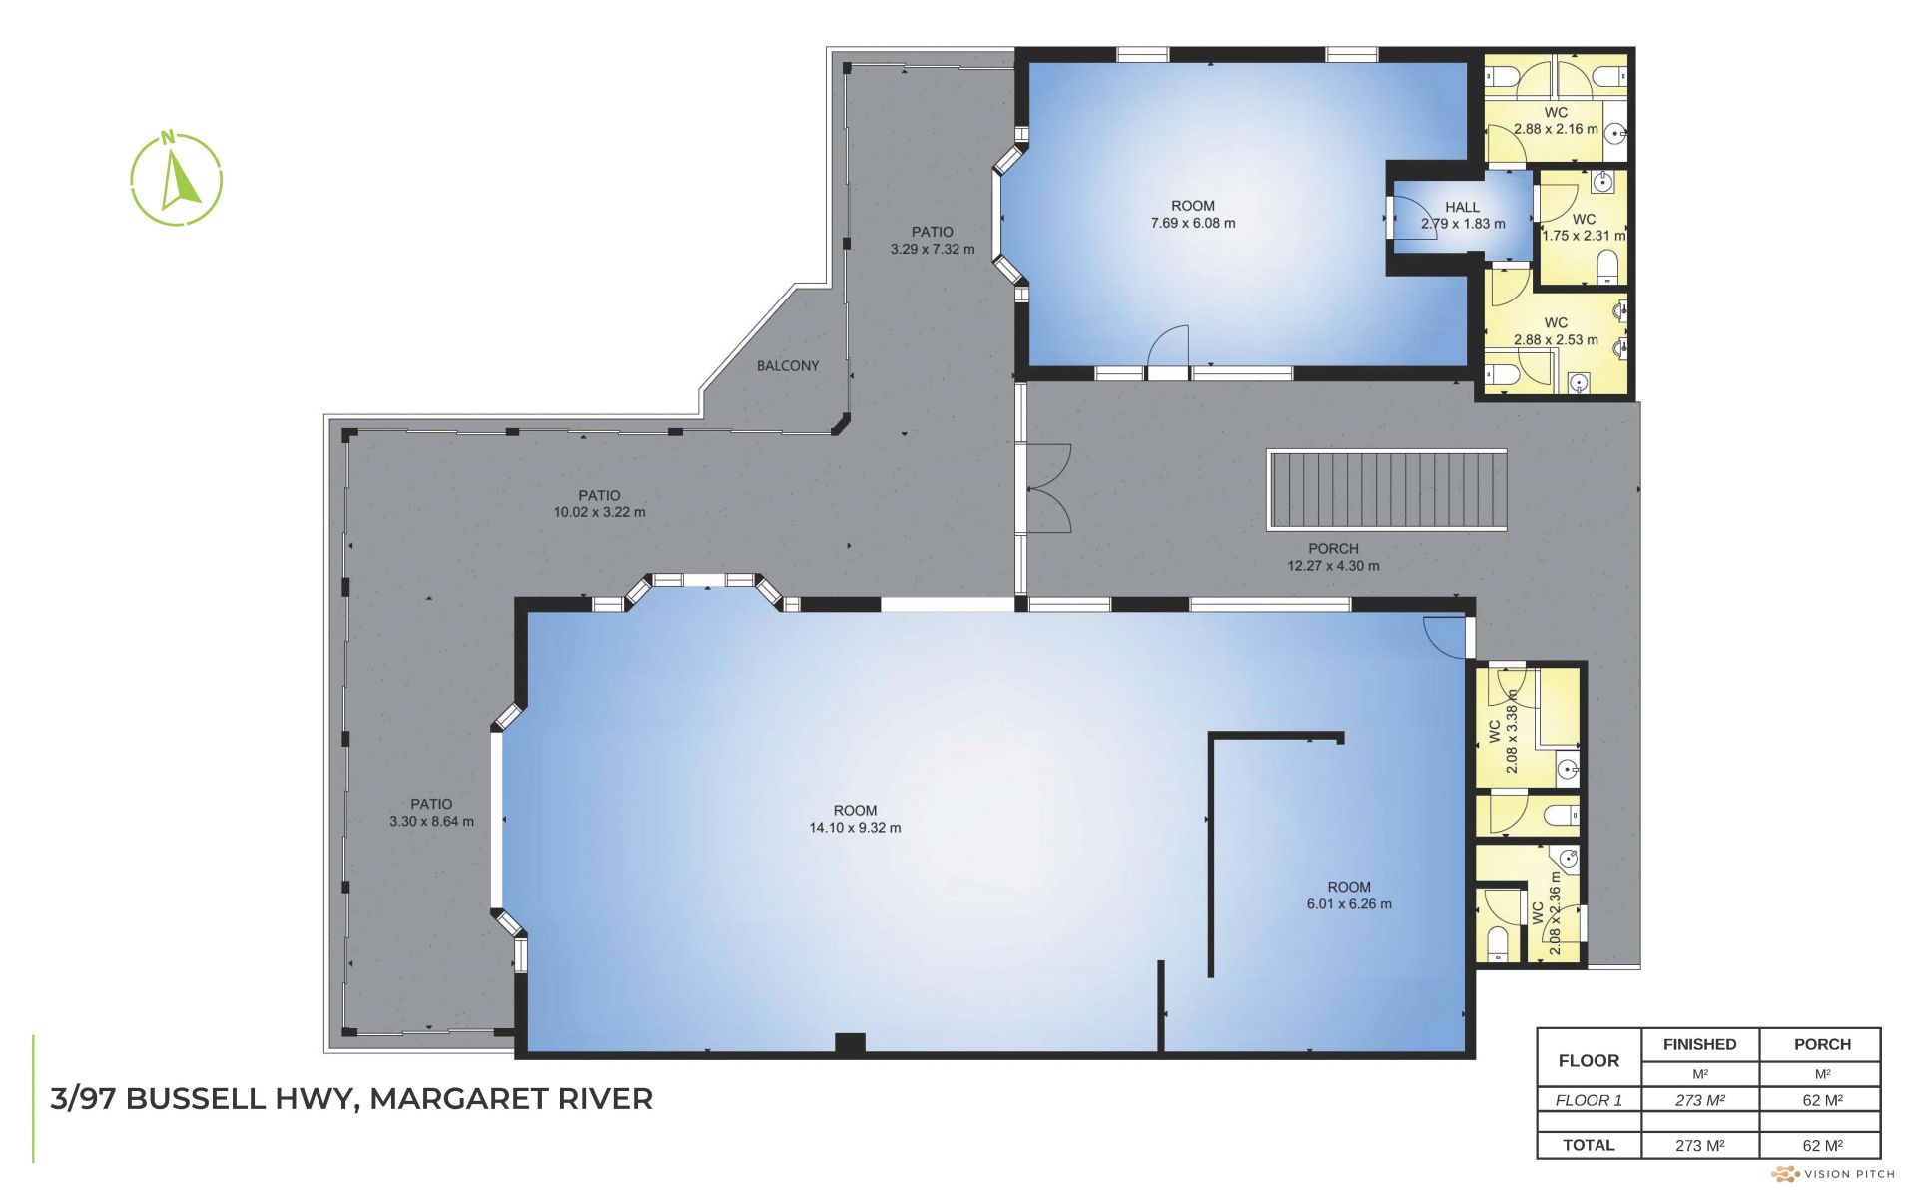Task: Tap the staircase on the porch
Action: pyautogui.click(x=1387, y=490)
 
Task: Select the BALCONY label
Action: pyautogui.click(x=788, y=366)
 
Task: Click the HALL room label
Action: pyautogui.click(x=1463, y=207)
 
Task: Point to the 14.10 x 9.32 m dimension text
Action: pyautogui.click(x=855, y=828)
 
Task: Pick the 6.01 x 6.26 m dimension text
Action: pyautogui.click(x=1349, y=904)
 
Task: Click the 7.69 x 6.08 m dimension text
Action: pyautogui.click(x=1193, y=223)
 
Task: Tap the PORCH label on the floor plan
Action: pyautogui.click(x=1333, y=548)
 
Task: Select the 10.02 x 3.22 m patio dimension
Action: pyautogui.click(x=599, y=512)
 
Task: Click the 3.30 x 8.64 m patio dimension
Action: pyautogui.click(x=431, y=822)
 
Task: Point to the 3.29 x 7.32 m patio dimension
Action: pyautogui.click(x=933, y=249)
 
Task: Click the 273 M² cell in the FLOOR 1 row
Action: pyautogui.click(x=1700, y=1100)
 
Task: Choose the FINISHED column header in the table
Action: pyautogui.click(x=1700, y=1044)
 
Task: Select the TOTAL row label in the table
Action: pyautogui.click(x=1589, y=1145)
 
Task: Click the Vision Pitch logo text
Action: pyautogui.click(x=1849, y=1174)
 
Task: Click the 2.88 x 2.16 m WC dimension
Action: pyautogui.click(x=1556, y=129)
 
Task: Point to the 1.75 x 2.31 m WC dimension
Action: pyautogui.click(x=1584, y=236)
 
